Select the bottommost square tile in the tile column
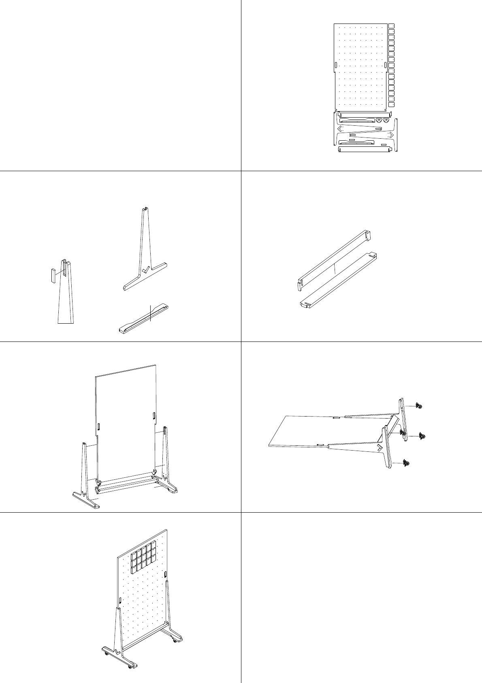(x=391, y=105)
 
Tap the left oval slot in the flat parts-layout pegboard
(x=336, y=66)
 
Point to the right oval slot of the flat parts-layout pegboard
(x=384, y=65)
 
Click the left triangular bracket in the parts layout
(x=379, y=120)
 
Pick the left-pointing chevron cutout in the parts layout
(x=340, y=129)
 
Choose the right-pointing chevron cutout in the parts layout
(x=391, y=135)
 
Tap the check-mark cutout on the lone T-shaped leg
(x=146, y=269)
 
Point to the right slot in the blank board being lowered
(x=154, y=415)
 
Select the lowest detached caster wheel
(x=406, y=463)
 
